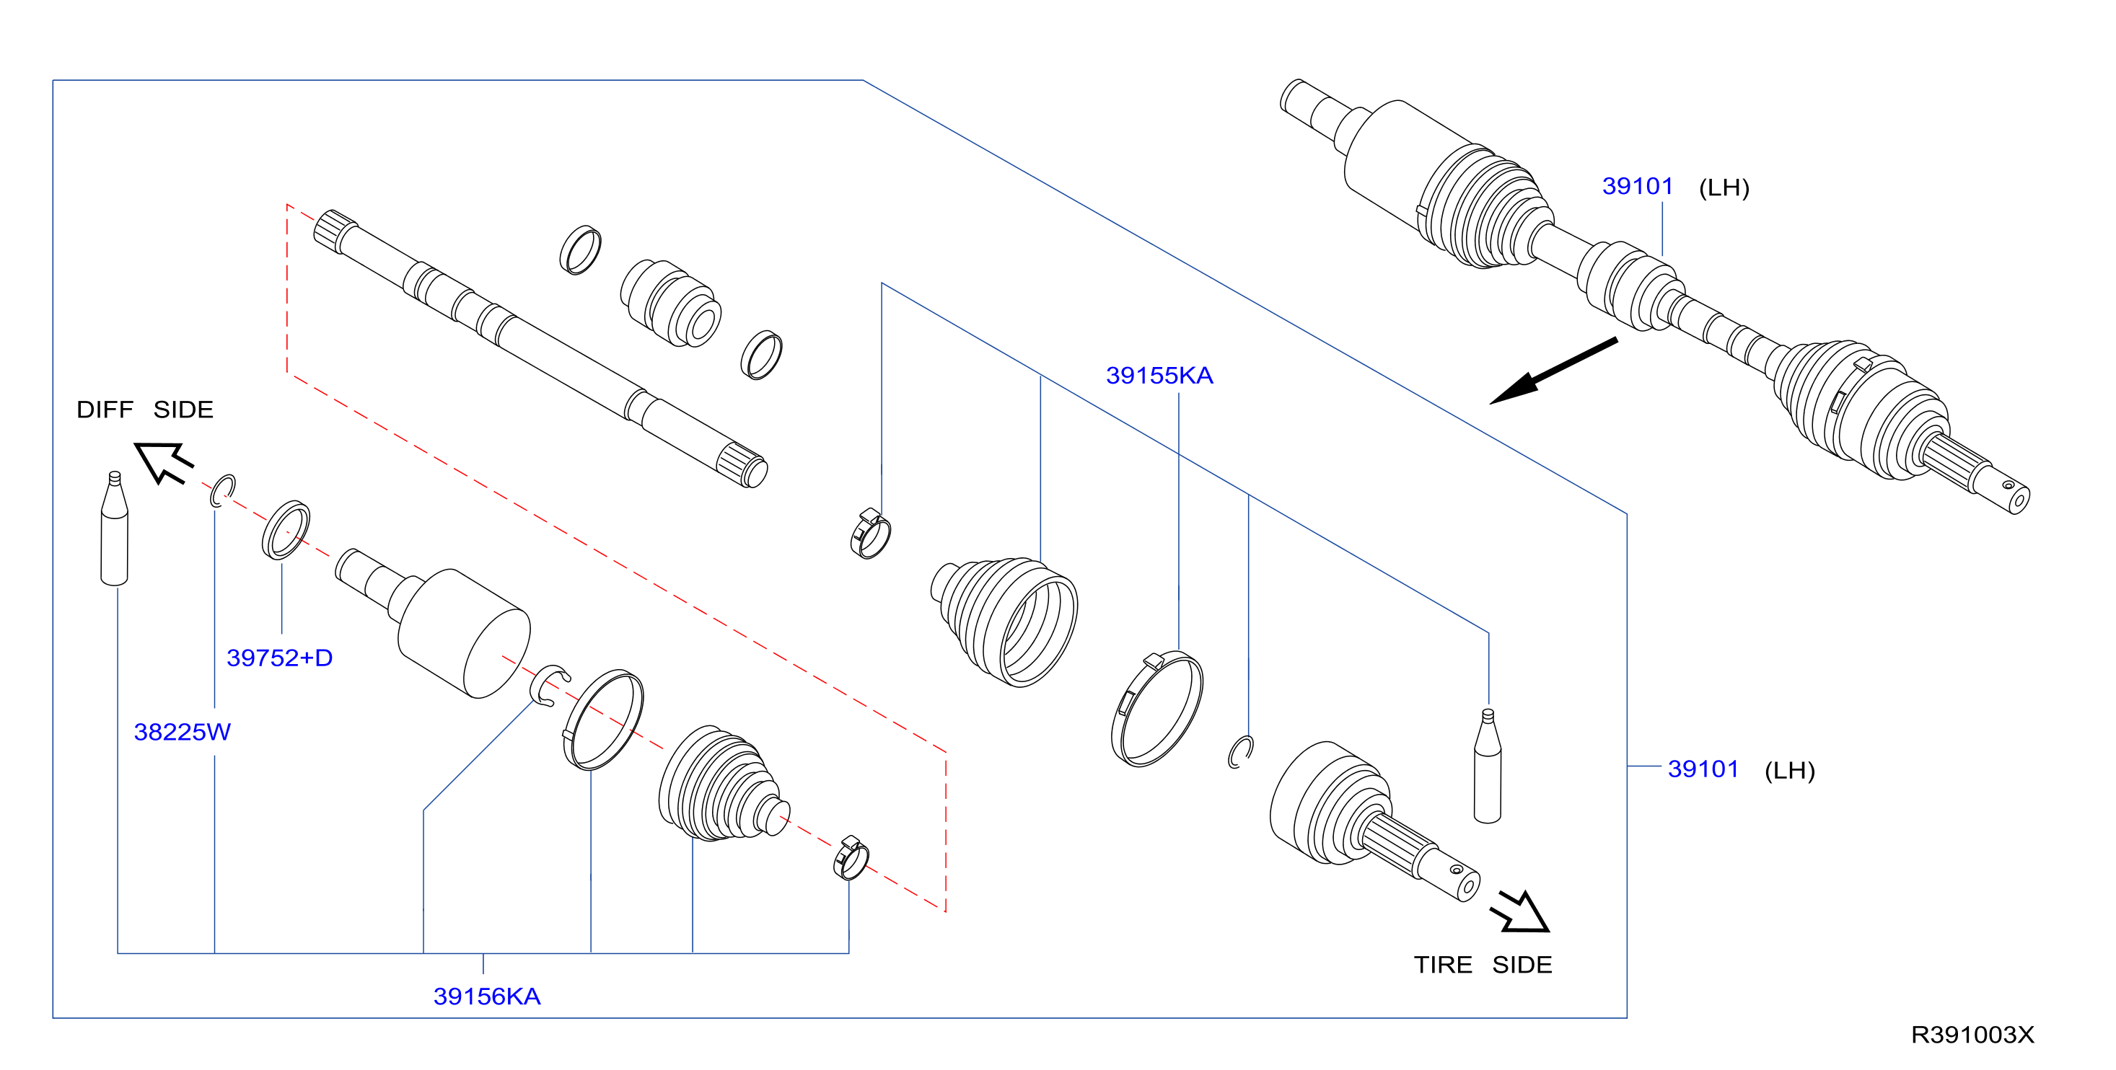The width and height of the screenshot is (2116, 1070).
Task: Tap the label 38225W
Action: click(x=183, y=732)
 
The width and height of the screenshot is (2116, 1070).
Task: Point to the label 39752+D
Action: click(x=279, y=658)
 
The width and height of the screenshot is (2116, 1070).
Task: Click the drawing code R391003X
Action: click(x=1972, y=1035)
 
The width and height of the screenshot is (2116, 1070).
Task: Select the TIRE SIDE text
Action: click(x=1483, y=965)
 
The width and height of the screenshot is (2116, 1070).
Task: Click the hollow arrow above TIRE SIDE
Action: click(x=1522, y=911)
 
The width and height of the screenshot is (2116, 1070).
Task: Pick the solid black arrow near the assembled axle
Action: click(x=1553, y=371)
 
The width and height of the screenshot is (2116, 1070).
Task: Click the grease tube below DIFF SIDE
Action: click(x=114, y=528)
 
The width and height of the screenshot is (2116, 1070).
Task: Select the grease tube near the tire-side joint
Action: click(x=1488, y=765)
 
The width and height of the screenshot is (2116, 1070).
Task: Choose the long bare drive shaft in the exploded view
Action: click(x=540, y=348)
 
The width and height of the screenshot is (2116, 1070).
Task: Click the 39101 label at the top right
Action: click(x=1637, y=187)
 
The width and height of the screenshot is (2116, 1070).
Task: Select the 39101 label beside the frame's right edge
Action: click(x=1703, y=769)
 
